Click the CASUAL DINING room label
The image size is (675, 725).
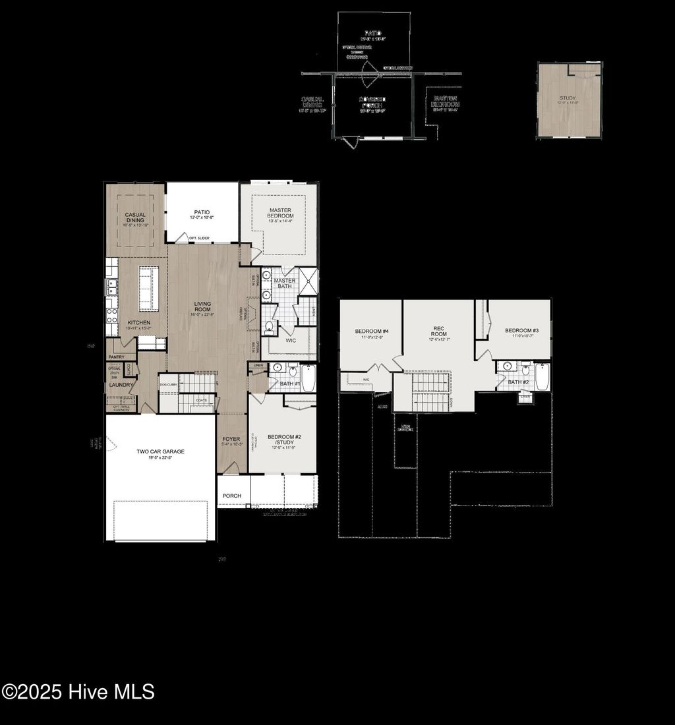pyautogui.click(x=135, y=217)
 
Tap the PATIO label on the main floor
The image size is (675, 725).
pyautogui.click(x=202, y=212)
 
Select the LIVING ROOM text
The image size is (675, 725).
pyautogui.click(x=202, y=306)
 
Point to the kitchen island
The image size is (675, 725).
pyautogui.click(x=146, y=289)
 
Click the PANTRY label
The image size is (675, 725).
pyautogui.click(x=117, y=357)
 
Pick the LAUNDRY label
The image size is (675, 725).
pyautogui.click(x=121, y=385)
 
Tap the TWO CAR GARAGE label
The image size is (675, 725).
pyautogui.click(x=160, y=451)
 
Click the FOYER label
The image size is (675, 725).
pyautogui.click(x=231, y=439)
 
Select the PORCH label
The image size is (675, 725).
pyautogui.click(x=232, y=496)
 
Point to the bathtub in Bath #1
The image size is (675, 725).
pyautogui.click(x=308, y=378)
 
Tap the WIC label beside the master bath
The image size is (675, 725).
pyautogui.click(x=291, y=341)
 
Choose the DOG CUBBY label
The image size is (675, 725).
pyautogui.click(x=167, y=384)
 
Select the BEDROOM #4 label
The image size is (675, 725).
pyautogui.click(x=372, y=331)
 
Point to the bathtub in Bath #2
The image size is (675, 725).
pyautogui.click(x=542, y=377)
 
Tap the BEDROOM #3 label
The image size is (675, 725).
pyautogui.click(x=522, y=330)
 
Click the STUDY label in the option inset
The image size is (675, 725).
pyautogui.click(x=568, y=99)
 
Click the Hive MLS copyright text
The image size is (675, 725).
pyautogui.click(x=78, y=692)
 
